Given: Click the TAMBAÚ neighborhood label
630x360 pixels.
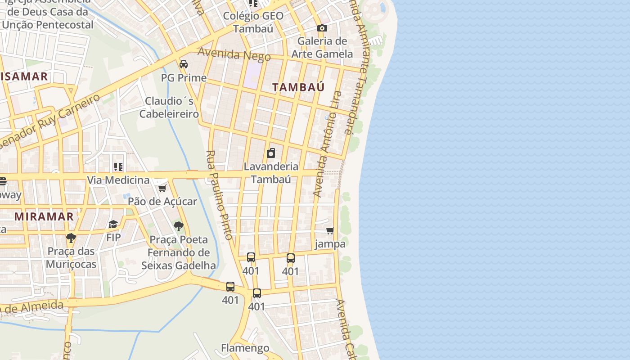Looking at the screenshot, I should [x=298, y=87].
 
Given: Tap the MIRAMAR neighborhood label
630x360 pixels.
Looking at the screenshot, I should [x=44, y=216].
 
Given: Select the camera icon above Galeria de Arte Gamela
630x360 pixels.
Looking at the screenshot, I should [x=322, y=28].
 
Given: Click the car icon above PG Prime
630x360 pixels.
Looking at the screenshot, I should [x=184, y=64].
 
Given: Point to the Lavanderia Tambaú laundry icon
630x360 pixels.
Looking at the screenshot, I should [x=271, y=153].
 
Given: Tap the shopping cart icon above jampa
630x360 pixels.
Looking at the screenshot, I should [x=330, y=231].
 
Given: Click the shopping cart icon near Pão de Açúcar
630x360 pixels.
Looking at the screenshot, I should [x=162, y=188].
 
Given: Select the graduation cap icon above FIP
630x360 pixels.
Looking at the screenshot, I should [x=113, y=224].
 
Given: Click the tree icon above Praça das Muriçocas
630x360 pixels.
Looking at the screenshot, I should [x=71, y=238].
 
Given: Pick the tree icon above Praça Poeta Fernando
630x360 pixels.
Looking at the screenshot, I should [x=179, y=226].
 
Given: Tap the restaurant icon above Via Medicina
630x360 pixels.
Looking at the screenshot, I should [x=118, y=167].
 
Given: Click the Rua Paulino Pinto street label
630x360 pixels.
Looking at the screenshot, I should [x=219, y=195].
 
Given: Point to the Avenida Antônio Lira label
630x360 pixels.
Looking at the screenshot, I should [x=328, y=144].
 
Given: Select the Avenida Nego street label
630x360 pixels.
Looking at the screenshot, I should [x=234, y=54].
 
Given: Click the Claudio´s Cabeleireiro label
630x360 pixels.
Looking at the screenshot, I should [x=169, y=107].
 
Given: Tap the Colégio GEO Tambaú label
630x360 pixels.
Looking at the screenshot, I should [x=254, y=22].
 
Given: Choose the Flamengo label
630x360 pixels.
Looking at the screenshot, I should [x=245, y=348].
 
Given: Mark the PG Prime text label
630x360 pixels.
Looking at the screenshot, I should [x=184, y=78].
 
